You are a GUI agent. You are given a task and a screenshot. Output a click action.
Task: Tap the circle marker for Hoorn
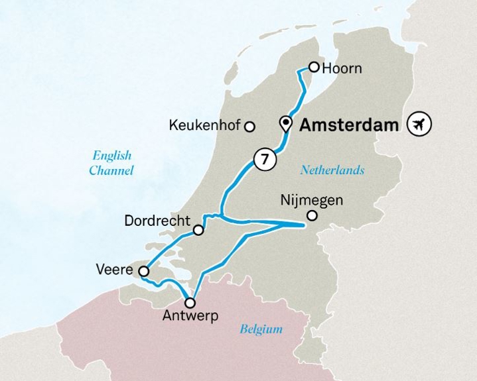pos(314,67)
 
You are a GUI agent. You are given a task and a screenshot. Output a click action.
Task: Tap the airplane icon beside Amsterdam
pos(419,123)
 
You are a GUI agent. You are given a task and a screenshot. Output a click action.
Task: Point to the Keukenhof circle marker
pos(250,126)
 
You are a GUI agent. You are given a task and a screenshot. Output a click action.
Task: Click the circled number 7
pos(265,160)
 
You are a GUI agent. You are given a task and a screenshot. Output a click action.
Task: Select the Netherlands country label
pos(332,170)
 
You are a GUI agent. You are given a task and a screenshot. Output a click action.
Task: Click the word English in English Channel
pos(111,156)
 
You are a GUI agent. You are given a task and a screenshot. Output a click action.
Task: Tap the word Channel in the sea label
pos(112,171)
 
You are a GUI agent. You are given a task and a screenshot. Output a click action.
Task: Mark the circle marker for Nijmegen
pos(312,215)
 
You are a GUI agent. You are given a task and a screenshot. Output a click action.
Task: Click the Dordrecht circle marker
pos(198,231)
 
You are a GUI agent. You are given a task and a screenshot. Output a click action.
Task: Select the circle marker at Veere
pos(143,270)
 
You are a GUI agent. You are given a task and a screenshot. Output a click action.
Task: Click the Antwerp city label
pos(190,317)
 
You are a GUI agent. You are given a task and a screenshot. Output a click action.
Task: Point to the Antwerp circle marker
pos(191,303)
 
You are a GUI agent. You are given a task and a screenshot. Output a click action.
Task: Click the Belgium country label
pos(261,329)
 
